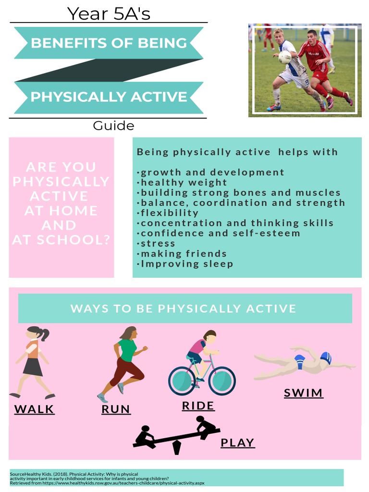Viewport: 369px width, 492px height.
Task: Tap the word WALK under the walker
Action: pyautogui.click(x=34, y=409)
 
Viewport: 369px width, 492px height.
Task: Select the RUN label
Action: pyautogui.click(x=116, y=409)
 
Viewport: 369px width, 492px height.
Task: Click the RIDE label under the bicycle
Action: pyautogui.click(x=198, y=406)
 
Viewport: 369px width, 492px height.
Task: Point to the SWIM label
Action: pyautogui.click(x=303, y=393)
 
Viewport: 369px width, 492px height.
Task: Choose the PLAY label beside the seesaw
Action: pyautogui.click(x=237, y=443)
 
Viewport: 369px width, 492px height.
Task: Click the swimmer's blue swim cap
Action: pyautogui.click(x=326, y=357)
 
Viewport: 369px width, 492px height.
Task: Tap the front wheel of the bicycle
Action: pyautogui.click(x=221, y=381)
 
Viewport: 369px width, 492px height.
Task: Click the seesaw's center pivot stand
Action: pyautogui.click(x=177, y=447)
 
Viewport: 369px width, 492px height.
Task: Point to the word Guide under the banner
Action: pyautogui.click(x=113, y=126)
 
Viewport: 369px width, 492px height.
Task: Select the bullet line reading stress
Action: pyautogui.click(x=158, y=243)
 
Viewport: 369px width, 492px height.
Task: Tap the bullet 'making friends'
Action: pyautogui.click(x=183, y=253)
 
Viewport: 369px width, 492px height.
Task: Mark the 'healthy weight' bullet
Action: pyautogui.click(x=183, y=183)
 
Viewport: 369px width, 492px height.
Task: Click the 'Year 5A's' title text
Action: pyautogui.click(x=109, y=13)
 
